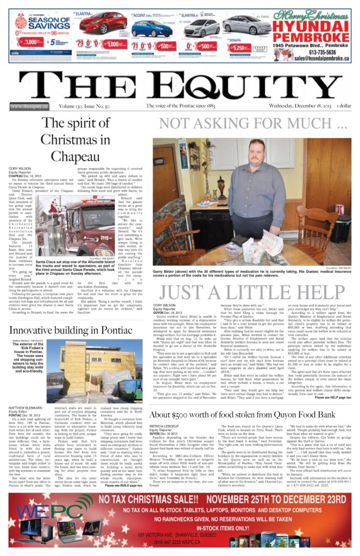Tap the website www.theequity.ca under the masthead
28,106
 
